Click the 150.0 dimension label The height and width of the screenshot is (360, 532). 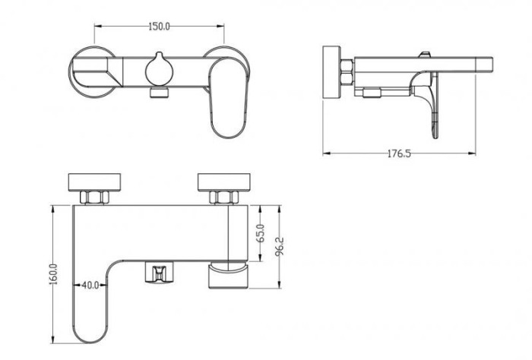click(x=159, y=26)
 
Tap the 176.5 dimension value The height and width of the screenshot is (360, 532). click(x=399, y=153)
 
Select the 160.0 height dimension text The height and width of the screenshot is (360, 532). click(x=54, y=274)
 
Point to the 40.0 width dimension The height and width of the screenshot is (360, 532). click(x=90, y=285)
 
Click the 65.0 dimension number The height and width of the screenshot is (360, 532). click(x=261, y=233)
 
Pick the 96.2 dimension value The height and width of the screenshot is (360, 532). click(x=280, y=246)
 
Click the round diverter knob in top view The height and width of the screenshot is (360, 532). click(x=159, y=70)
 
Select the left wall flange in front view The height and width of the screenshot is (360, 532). click(x=95, y=182)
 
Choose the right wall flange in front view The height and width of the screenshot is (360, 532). click(x=224, y=182)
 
